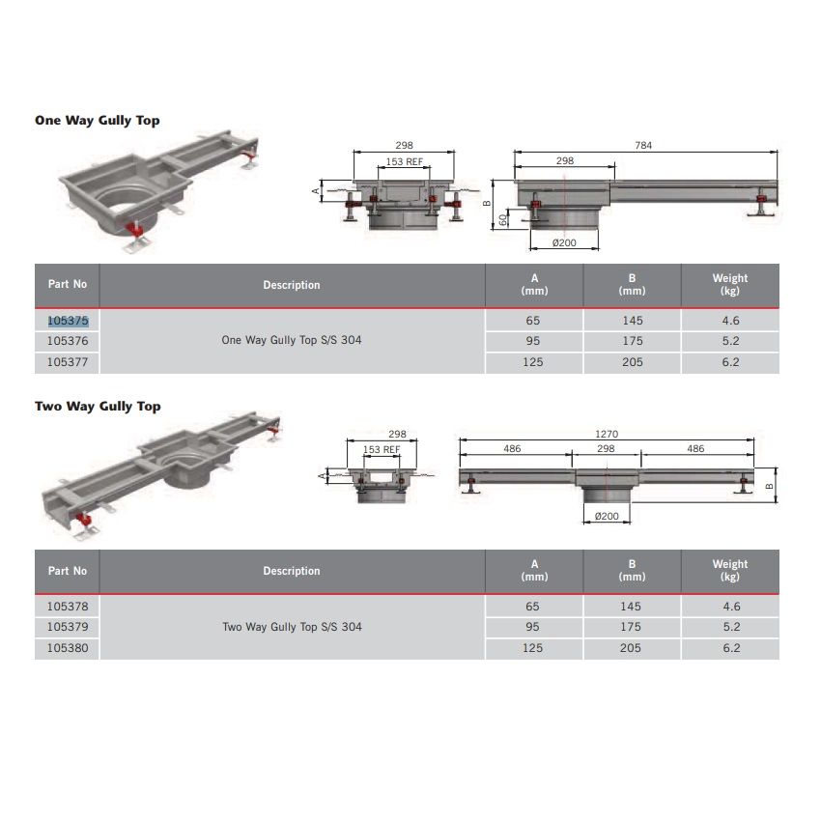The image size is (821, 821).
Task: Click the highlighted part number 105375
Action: click(x=68, y=321)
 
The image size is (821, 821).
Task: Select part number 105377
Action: click(x=68, y=362)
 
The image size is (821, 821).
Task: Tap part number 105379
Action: click(x=68, y=627)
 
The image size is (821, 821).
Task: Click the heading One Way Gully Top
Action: click(x=98, y=121)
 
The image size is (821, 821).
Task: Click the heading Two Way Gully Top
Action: click(x=98, y=407)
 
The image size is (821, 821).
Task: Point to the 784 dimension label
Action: click(x=643, y=145)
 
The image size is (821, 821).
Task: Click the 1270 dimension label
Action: click(x=607, y=434)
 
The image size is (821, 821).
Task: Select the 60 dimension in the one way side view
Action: click(x=503, y=220)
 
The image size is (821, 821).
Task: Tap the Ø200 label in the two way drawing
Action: click(x=607, y=517)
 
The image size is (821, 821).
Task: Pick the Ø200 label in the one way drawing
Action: click(x=564, y=243)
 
